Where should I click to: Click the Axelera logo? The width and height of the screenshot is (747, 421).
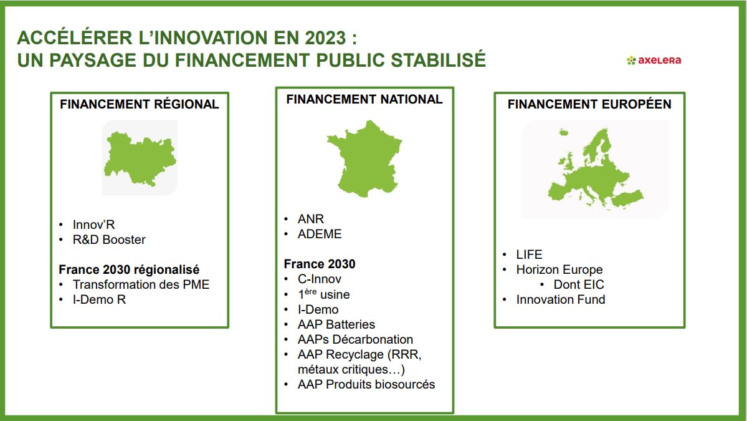654,60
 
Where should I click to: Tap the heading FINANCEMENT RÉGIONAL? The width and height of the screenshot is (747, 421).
139,104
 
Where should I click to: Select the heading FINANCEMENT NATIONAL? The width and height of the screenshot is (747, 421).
364,99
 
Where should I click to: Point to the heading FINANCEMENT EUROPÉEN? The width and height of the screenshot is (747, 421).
589,104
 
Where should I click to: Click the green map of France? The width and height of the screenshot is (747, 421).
364,159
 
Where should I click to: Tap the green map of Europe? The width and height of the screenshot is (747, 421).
596,169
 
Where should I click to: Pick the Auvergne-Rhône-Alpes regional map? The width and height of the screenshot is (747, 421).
140,159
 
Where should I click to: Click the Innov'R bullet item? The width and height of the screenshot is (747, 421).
93,225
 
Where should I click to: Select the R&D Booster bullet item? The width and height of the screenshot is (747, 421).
109,240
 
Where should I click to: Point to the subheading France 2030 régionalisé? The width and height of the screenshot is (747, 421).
129,269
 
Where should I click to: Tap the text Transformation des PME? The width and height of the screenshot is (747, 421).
141,284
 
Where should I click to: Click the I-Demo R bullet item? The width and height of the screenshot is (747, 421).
99,299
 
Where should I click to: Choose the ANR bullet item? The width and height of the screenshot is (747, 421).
311,219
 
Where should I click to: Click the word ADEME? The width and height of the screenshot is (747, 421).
320,234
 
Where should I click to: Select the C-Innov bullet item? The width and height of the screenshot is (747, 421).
319,279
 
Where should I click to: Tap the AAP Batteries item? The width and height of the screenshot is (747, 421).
336,324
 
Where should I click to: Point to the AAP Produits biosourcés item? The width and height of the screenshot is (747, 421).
366,384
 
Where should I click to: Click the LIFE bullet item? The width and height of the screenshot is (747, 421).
530,254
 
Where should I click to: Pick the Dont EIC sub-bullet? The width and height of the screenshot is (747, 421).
579,284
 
